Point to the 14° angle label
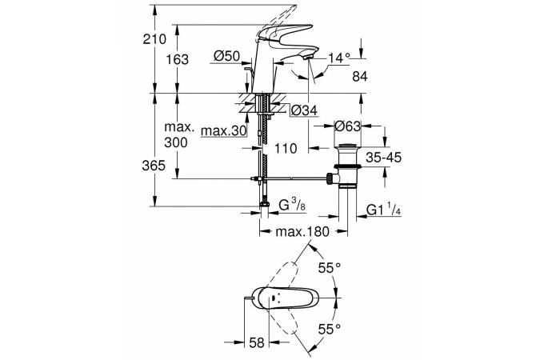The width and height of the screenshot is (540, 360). (340, 58)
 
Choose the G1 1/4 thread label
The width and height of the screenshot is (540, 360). (385, 211)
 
